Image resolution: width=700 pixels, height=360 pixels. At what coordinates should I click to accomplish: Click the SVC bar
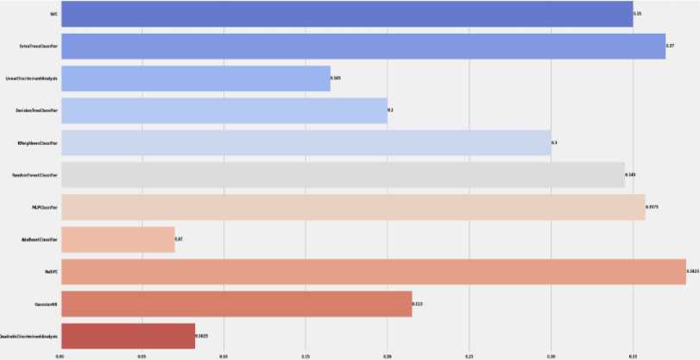[x=345, y=14]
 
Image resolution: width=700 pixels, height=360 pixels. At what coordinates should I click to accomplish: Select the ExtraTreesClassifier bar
[x=363, y=46]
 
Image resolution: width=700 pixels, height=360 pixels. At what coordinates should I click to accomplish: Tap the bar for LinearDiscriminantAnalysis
[x=195, y=79]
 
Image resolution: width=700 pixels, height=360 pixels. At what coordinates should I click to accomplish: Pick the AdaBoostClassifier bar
[x=117, y=239]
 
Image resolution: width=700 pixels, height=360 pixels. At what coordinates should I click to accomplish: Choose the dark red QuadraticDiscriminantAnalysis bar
[x=128, y=336]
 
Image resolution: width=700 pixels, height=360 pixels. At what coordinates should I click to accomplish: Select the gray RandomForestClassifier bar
[x=342, y=174]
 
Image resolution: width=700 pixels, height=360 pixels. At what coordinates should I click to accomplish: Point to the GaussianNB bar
[x=236, y=304]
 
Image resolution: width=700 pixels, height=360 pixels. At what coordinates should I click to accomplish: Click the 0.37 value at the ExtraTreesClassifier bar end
[x=670, y=46]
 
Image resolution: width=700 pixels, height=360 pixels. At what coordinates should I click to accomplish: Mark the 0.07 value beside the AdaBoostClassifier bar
[x=179, y=239]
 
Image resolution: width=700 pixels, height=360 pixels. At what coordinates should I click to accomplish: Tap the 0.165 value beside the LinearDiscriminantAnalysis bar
[x=336, y=79]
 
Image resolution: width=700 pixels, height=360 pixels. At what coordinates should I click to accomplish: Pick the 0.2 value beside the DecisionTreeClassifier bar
[x=390, y=111]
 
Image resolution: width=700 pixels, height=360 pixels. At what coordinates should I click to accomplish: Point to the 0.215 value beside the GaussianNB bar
[x=418, y=304]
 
